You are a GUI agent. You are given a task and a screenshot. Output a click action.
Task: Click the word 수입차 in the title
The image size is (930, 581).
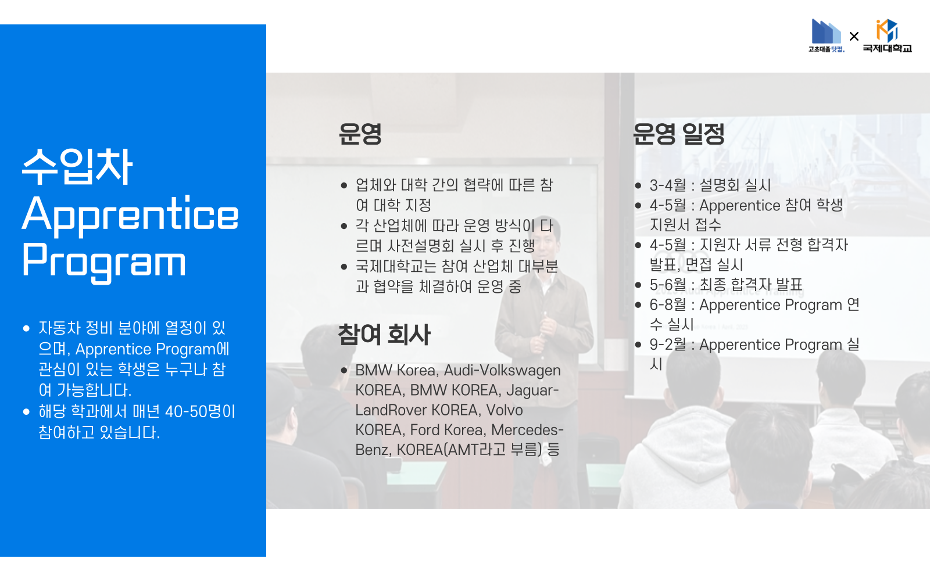click(77, 166)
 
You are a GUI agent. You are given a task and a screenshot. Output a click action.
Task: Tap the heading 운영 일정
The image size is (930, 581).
click(678, 134)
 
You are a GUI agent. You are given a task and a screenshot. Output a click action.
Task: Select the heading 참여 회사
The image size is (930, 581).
click(384, 335)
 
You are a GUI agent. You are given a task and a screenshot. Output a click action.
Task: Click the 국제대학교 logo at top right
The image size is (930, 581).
click(887, 36)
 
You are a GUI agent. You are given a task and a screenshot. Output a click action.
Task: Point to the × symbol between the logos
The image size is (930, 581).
click(854, 37)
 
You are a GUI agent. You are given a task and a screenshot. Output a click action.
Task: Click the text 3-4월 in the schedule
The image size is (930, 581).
click(668, 185)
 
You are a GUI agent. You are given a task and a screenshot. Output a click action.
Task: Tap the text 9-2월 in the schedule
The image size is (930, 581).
click(668, 345)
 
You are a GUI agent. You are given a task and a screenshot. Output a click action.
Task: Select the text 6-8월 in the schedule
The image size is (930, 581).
click(668, 305)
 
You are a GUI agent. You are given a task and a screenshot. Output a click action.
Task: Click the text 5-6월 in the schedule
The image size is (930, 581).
click(668, 285)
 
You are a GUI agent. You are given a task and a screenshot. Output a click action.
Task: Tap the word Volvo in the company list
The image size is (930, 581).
click(504, 410)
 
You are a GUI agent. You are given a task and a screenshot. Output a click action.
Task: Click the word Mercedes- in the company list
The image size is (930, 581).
click(527, 430)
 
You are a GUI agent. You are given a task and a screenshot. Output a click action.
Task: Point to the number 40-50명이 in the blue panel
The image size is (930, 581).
click(201, 411)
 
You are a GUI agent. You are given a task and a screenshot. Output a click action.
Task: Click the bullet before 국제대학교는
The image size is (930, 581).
click(344, 267)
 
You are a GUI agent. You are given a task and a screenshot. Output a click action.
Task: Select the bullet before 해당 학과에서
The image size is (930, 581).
click(26, 412)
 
